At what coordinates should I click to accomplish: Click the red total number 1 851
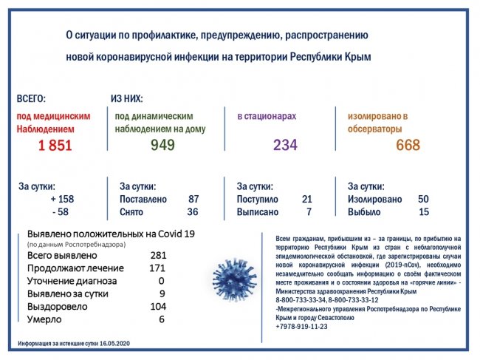click(x=55, y=146)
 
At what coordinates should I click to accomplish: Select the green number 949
click(x=162, y=146)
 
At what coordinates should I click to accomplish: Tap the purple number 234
click(x=285, y=146)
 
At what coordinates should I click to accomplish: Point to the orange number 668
click(x=408, y=146)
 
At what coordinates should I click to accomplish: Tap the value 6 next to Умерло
click(x=160, y=319)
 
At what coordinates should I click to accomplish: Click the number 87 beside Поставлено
click(x=193, y=200)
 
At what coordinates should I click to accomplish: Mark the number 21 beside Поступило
click(x=307, y=200)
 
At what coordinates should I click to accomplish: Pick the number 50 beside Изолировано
click(x=423, y=200)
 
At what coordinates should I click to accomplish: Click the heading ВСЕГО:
click(x=31, y=98)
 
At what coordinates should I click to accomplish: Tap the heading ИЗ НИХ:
click(x=126, y=98)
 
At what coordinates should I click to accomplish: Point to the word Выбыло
click(x=363, y=213)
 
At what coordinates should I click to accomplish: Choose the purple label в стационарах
click(x=267, y=116)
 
